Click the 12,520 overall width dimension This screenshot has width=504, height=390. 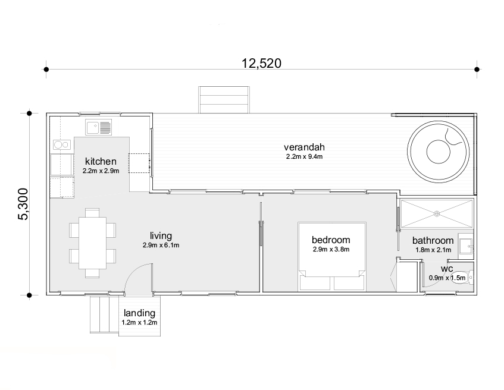[x=261, y=63]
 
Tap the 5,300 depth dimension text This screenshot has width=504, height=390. [x=23, y=204]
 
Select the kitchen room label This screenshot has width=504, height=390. [x=101, y=161]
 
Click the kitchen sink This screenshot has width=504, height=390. [x=98, y=127]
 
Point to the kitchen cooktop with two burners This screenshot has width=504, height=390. [x=62, y=145]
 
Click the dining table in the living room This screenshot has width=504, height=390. [x=93, y=243]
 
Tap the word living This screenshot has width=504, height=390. [x=161, y=236]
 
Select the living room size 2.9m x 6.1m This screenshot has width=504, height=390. [x=161, y=246]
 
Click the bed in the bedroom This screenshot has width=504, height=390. [x=331, y=256]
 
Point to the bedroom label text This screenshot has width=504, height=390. [x=331, y=240]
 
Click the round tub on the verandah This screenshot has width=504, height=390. [x=438, y=152]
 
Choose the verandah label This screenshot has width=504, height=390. [x=304, y=147]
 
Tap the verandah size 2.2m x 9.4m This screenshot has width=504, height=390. [x=304, y=157]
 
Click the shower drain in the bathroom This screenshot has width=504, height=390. [x=437, y=213]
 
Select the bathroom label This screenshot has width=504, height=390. [x=433, y=241]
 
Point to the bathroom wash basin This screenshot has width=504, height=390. [x=465, y=246]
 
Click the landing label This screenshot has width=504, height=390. [x=139, y=313]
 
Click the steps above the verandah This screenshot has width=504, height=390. [x=224, y=100]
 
